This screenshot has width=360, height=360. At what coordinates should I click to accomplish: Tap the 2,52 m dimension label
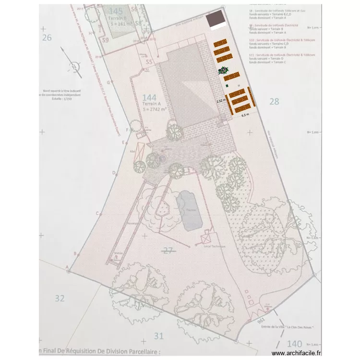tap(220, 101)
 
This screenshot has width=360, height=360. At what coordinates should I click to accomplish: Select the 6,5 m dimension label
tap(245, 115)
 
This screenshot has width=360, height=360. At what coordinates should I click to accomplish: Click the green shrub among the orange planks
tap(223, 71)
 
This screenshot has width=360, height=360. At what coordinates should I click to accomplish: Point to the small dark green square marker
tap(227, 85)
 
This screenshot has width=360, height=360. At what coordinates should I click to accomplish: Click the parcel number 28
tap(274, 101)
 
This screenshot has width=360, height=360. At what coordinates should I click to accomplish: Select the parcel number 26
tap(47, 37)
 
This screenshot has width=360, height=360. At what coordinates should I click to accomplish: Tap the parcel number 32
tap(59, 298)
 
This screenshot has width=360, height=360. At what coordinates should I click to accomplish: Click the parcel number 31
tap(159, 336)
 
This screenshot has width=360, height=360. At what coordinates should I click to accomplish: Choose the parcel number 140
tap(294, 344)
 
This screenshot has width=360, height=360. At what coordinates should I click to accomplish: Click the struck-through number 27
tap(168, 250)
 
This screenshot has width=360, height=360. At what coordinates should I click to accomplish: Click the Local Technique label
tap(215, 246)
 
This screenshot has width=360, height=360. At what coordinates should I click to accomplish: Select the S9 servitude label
tap(105, 40)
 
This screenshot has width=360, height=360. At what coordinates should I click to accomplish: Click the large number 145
tap(116, 11)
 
